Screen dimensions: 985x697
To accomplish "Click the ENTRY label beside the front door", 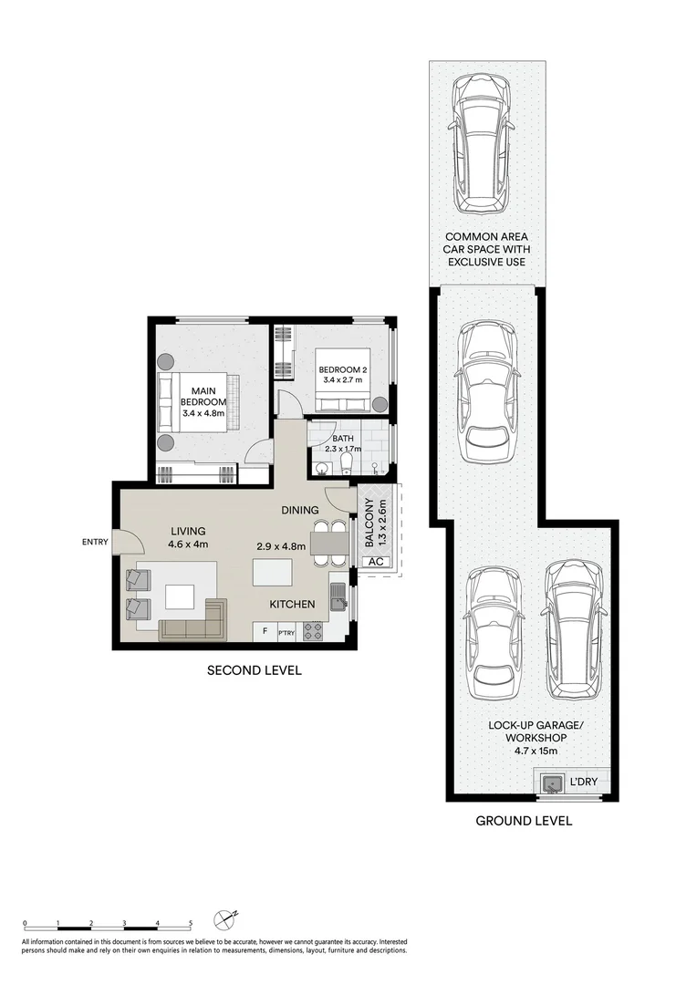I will point(94,543).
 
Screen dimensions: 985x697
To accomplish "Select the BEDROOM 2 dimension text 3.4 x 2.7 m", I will point(342,379).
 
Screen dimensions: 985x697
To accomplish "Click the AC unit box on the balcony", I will point(375,562).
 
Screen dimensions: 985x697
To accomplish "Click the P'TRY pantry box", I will point(286,630).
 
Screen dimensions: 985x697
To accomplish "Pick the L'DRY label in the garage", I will point(583,783).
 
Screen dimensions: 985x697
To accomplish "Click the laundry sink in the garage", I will point(551,783).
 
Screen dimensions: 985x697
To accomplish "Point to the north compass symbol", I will point(225,918).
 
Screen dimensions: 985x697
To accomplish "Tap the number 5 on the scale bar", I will point(191,923).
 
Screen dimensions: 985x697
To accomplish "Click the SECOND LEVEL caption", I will point(255,670).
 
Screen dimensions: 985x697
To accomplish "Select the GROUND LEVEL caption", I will point(524,821).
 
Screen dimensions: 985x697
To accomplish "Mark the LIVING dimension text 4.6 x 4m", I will point(188,544).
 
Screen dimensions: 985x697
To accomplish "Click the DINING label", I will point(300,510).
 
